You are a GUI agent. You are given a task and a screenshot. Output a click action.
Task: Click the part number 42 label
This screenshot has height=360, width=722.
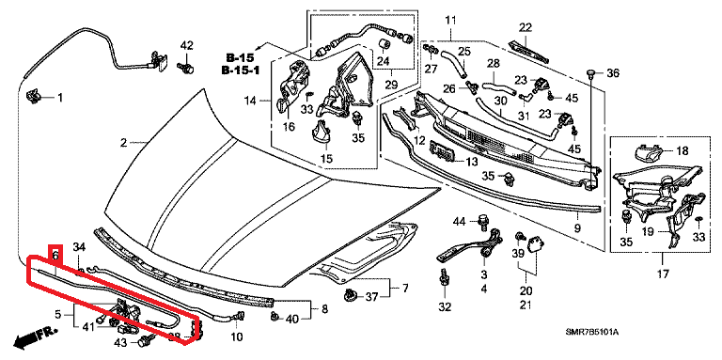[186, 45]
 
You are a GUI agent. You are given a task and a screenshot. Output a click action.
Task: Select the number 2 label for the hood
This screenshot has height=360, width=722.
[123, 143]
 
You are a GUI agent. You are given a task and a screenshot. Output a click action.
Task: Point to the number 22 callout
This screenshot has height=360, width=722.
[525, 27]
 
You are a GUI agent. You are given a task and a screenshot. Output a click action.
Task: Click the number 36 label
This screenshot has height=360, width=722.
[613, 72]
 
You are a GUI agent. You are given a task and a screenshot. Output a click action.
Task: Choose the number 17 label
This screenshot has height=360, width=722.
[662, 274]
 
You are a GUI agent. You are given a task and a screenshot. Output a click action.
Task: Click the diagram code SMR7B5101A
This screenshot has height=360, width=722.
[591, 332]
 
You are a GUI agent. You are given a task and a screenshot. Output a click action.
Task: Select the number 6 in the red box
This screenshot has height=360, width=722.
[55, 255]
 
